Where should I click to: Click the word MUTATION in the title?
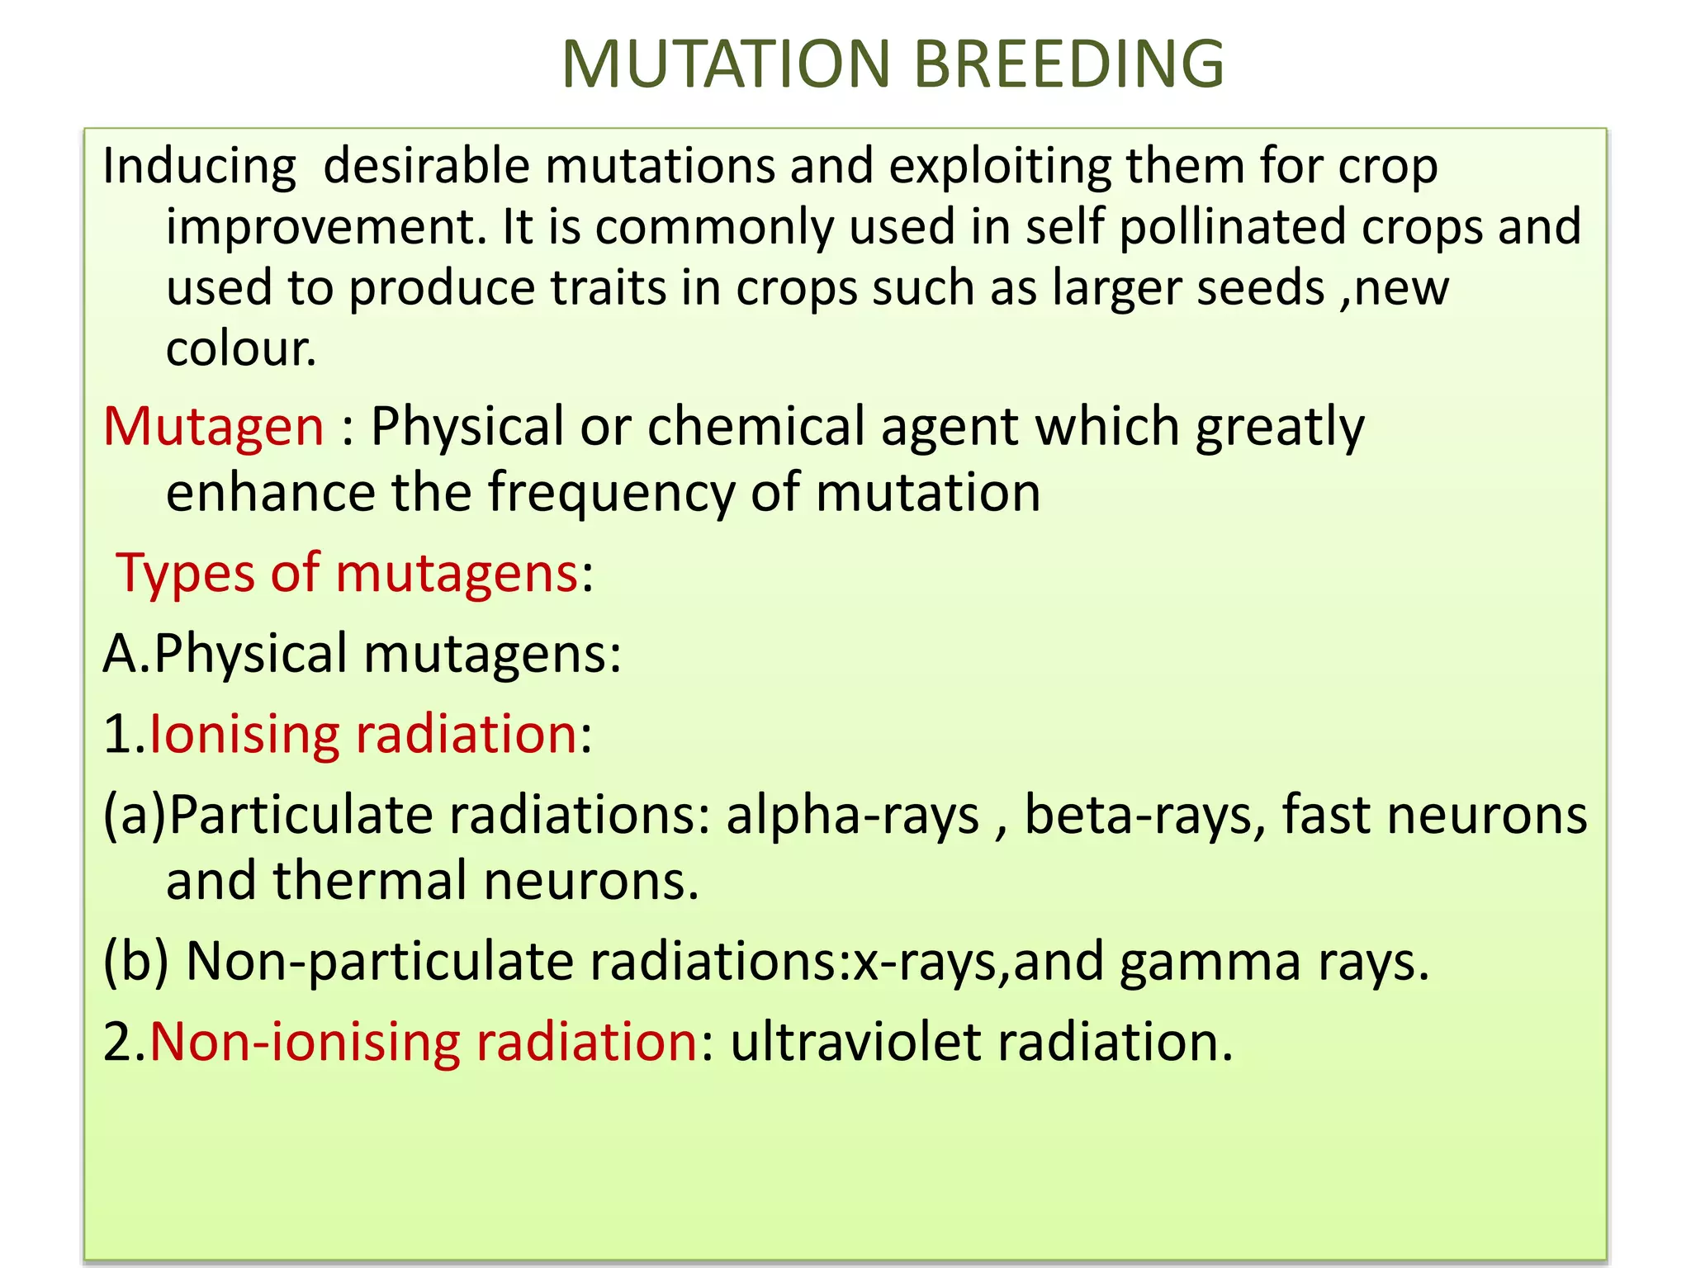click(x=727, y=64)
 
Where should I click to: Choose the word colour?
click(x=240, y=349)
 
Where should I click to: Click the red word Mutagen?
click(x=214, y=428)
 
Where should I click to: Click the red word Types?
click(x=185, y=574)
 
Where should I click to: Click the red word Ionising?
click(x=244, y=734)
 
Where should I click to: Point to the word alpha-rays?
click(x=852, y=816)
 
